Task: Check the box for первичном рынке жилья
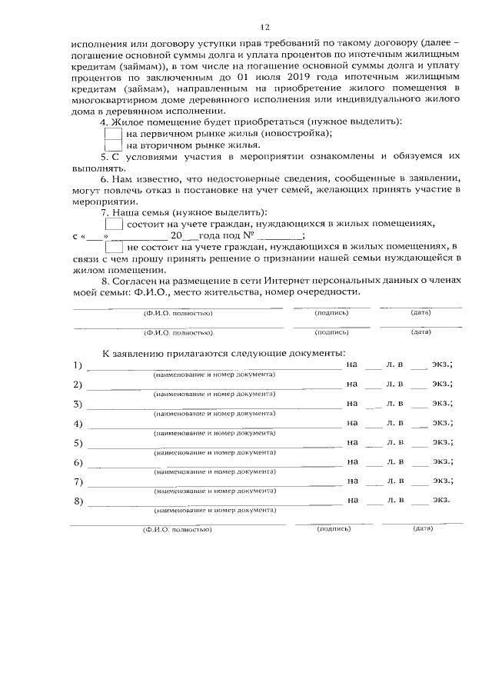[x=112, y=133]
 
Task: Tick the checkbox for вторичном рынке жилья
[x=112, y=145]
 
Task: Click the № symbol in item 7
[x=247, y=236]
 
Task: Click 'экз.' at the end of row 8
[x=440, y=500]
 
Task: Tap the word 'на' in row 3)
[x=353, y=402]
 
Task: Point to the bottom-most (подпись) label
[x=334, y=529]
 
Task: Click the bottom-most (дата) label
[x=423, y=529]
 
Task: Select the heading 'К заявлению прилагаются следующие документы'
[x=224, y=352]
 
